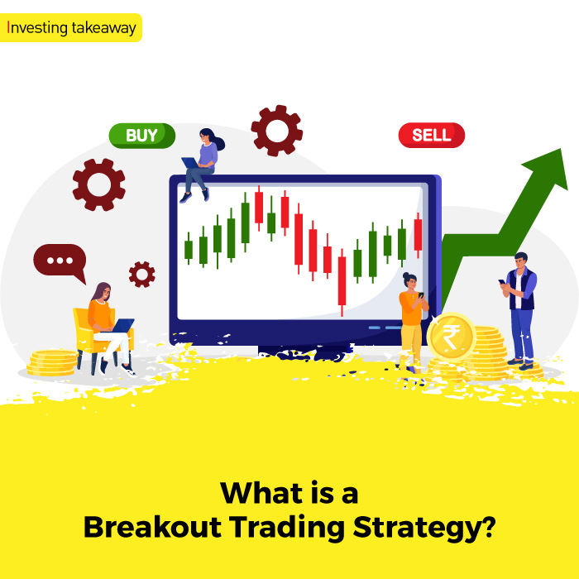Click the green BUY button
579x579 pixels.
pos(142,136)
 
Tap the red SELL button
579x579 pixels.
pos(431,136)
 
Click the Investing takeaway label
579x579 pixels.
pos(72,26)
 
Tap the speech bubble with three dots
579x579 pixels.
pos(59,261)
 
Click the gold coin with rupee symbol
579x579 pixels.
pos(451,337)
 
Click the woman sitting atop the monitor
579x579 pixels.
pos(202,165)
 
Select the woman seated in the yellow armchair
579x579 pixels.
pos(103,323)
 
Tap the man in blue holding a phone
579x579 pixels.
pos(519,306)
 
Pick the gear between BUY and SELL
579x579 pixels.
pos(276,131)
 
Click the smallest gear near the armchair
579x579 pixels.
pos(141,274)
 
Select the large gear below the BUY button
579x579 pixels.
pos(98,184)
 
